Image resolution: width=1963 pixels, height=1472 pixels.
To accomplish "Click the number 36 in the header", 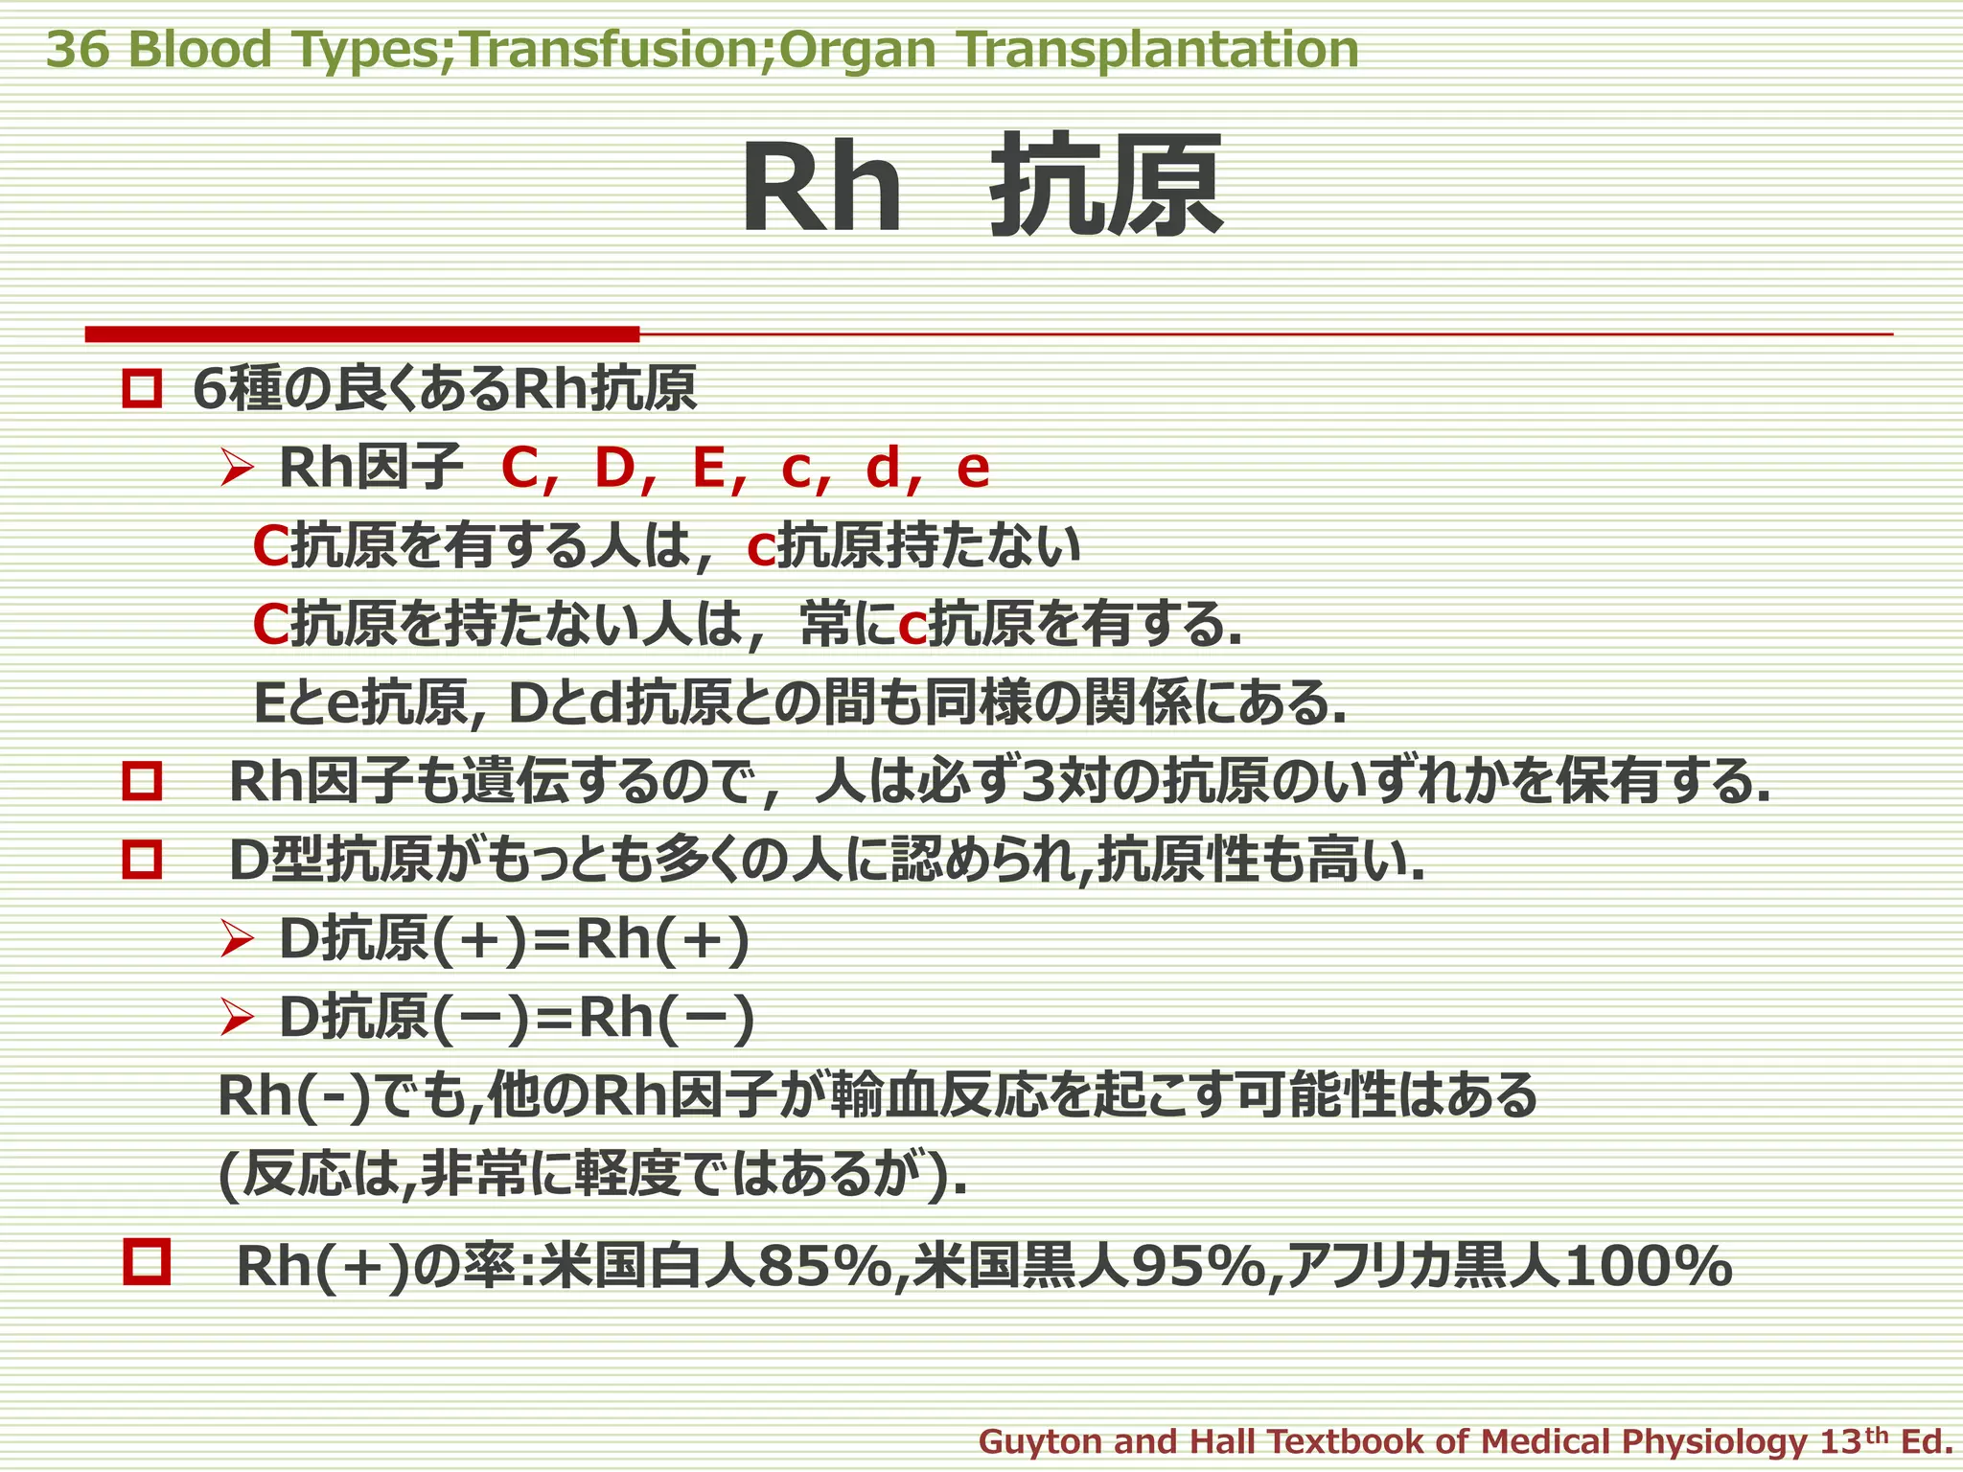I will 78,50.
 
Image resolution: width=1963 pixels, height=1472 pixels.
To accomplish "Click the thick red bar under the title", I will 361,333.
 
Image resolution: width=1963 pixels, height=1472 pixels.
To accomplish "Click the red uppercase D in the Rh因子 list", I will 615,469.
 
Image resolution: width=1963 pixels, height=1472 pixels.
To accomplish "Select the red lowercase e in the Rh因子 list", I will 973,469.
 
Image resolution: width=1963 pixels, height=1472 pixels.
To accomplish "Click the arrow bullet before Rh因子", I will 236,469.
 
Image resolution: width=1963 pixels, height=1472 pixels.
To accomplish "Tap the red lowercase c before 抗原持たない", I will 760,549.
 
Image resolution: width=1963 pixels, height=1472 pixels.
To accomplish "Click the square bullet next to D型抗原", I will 142,860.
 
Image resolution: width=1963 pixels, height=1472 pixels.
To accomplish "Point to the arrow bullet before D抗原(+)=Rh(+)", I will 236,939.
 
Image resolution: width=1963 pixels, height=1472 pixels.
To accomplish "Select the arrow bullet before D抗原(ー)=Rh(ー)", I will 236,1018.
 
